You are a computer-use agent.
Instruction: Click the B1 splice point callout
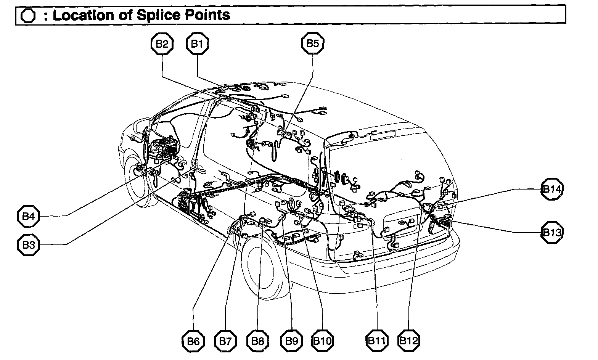click(x=197, y=44)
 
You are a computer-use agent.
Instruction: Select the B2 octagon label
click(x=162, y=44)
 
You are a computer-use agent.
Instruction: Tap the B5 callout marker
click(x=312, y=43)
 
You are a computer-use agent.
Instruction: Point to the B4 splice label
click(x=28, y=217)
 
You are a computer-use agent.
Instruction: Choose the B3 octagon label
click(x=28, y=244)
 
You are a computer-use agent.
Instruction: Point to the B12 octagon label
click(x=409, y=340)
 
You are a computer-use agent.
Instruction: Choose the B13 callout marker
click(x=552, y=232)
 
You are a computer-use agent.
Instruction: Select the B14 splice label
click(x=552, y=189)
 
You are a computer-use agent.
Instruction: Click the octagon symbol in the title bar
click(x=28, y=16)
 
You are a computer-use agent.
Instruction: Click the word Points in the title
click(x=211, y=15)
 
